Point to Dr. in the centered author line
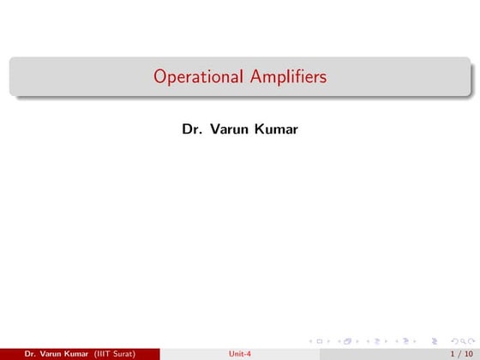191,130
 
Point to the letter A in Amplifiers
256,77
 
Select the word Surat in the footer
123,353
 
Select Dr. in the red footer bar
31,353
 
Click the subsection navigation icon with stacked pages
349,339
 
